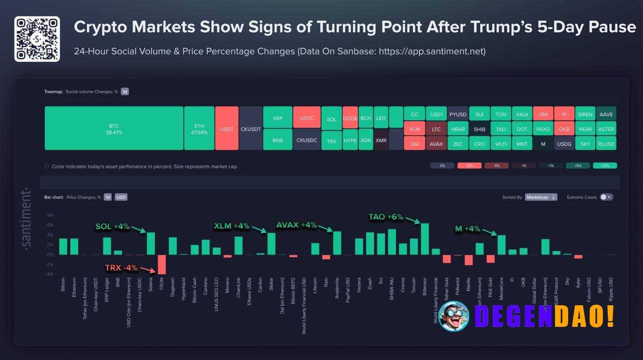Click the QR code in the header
(37, 39)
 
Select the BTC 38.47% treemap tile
(114, 129)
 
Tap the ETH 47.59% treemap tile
(199, 129)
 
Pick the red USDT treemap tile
(227, 129)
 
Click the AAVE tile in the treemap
(606, 114)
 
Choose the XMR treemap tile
(381, 141)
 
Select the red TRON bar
(161, 264)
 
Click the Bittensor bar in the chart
(424, 239)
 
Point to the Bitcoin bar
(63, 247)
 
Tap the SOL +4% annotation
(113, 226)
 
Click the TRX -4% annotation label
(121, 268)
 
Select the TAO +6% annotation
(386, 217)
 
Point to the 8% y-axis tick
(50, 215)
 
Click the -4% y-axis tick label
(50, 274)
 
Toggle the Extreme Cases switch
(606, 197)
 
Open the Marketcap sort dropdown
(541, 197)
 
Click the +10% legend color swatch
(605, 166)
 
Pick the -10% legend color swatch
(469, 166)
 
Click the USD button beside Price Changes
(121, 197)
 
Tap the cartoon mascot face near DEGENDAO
(454, 316)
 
